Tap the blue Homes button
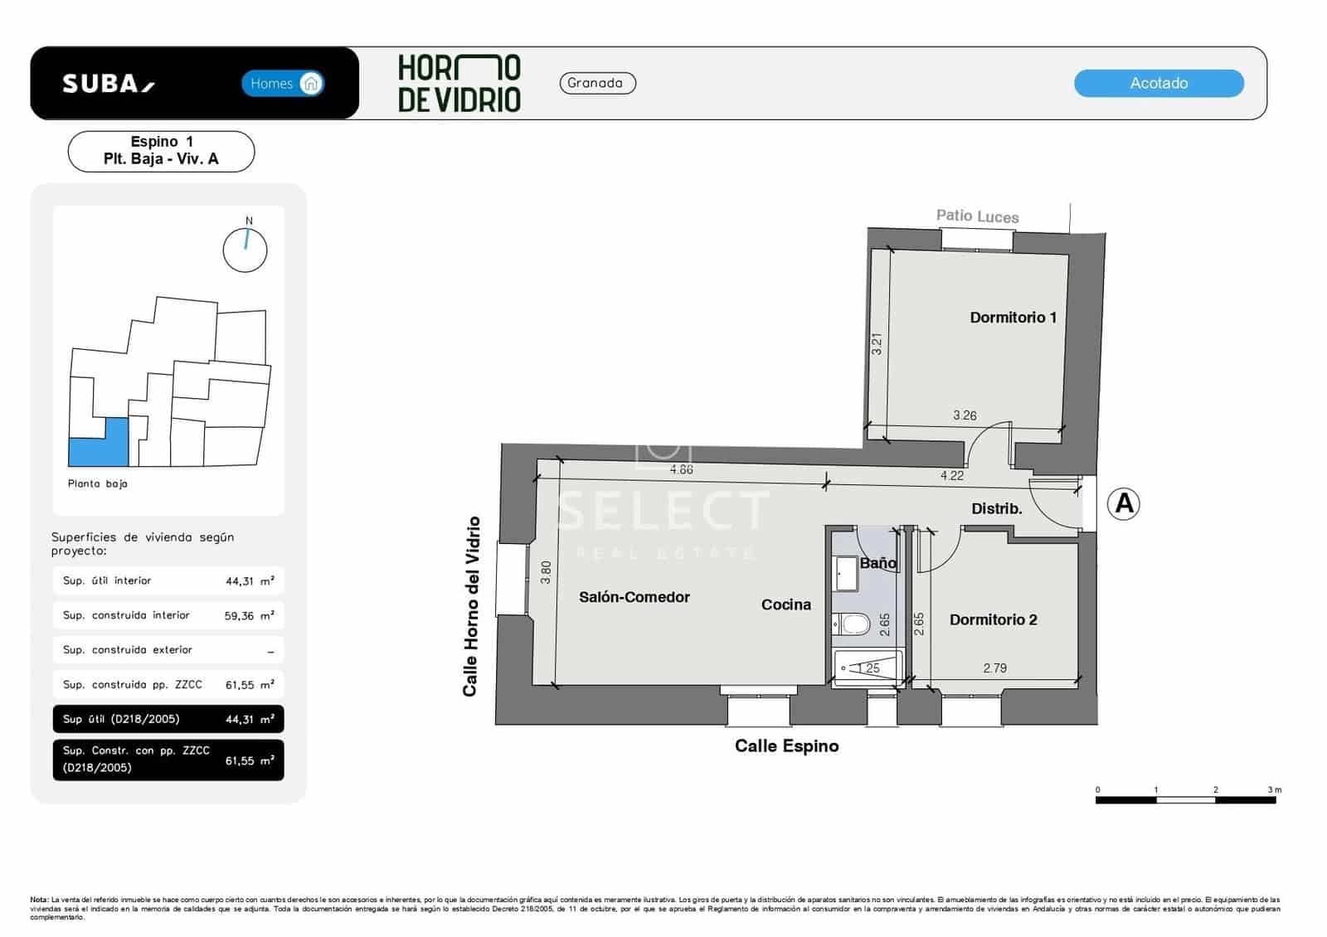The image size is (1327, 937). (282, 83)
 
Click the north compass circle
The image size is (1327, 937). (245, 250)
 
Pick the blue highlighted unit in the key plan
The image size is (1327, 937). (98, 442)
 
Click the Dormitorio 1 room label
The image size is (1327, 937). (1013, 318)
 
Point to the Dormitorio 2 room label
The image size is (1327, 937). (993, 619)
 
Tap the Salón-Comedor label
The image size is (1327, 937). (634, 597)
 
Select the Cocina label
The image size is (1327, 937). (785, 604)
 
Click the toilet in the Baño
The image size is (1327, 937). (851, 624)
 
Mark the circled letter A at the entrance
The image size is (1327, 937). (1124, 503)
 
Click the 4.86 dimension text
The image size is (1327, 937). (681, 469)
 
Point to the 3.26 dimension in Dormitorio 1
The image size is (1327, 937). (965, 415)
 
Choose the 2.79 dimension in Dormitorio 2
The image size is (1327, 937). (994, 668)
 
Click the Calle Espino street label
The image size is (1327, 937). (786, 745)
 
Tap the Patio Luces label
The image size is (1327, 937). (977, 216)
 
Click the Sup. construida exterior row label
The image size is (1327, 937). (128, 650)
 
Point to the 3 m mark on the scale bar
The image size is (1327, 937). (1274, 789)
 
